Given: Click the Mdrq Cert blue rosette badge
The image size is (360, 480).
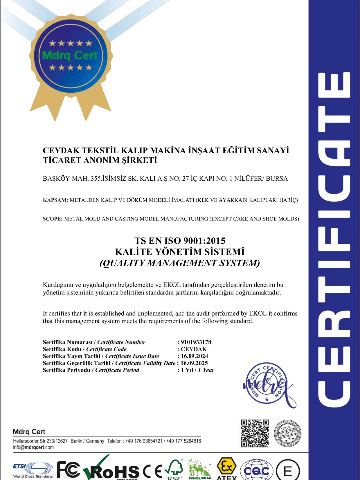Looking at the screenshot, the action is (x=69, y=60).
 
